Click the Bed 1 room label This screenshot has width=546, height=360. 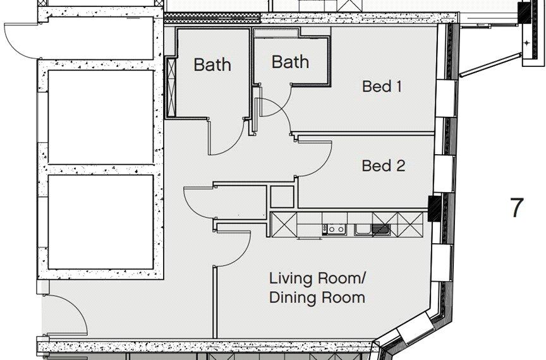pos(382,87)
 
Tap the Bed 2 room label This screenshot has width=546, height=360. pos(383,166)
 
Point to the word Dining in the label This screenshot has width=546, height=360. pos(291,297)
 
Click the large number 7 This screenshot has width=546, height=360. pos(517,208)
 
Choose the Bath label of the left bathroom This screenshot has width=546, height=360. pos(212,64)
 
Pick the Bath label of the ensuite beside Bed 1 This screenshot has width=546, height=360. pos(290,62)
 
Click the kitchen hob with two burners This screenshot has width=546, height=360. pos(335,229)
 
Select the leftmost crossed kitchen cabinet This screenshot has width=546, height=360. pos(281,223)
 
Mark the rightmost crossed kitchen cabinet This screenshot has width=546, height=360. pos(415,223)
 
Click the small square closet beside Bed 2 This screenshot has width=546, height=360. pos(282,197)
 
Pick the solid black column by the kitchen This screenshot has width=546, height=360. pos(435,208)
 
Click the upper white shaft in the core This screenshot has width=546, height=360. pos(101,117)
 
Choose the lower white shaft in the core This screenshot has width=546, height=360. pos(101,221)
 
